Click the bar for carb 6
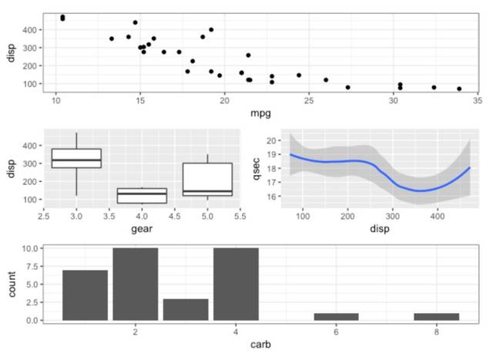point(336,316)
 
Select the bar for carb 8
point(436,316)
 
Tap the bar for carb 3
point(185,309)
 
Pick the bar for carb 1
point(85,295)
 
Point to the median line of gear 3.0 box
point(75,160)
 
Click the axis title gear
point(142,229)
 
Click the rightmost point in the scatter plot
point(459,89)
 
